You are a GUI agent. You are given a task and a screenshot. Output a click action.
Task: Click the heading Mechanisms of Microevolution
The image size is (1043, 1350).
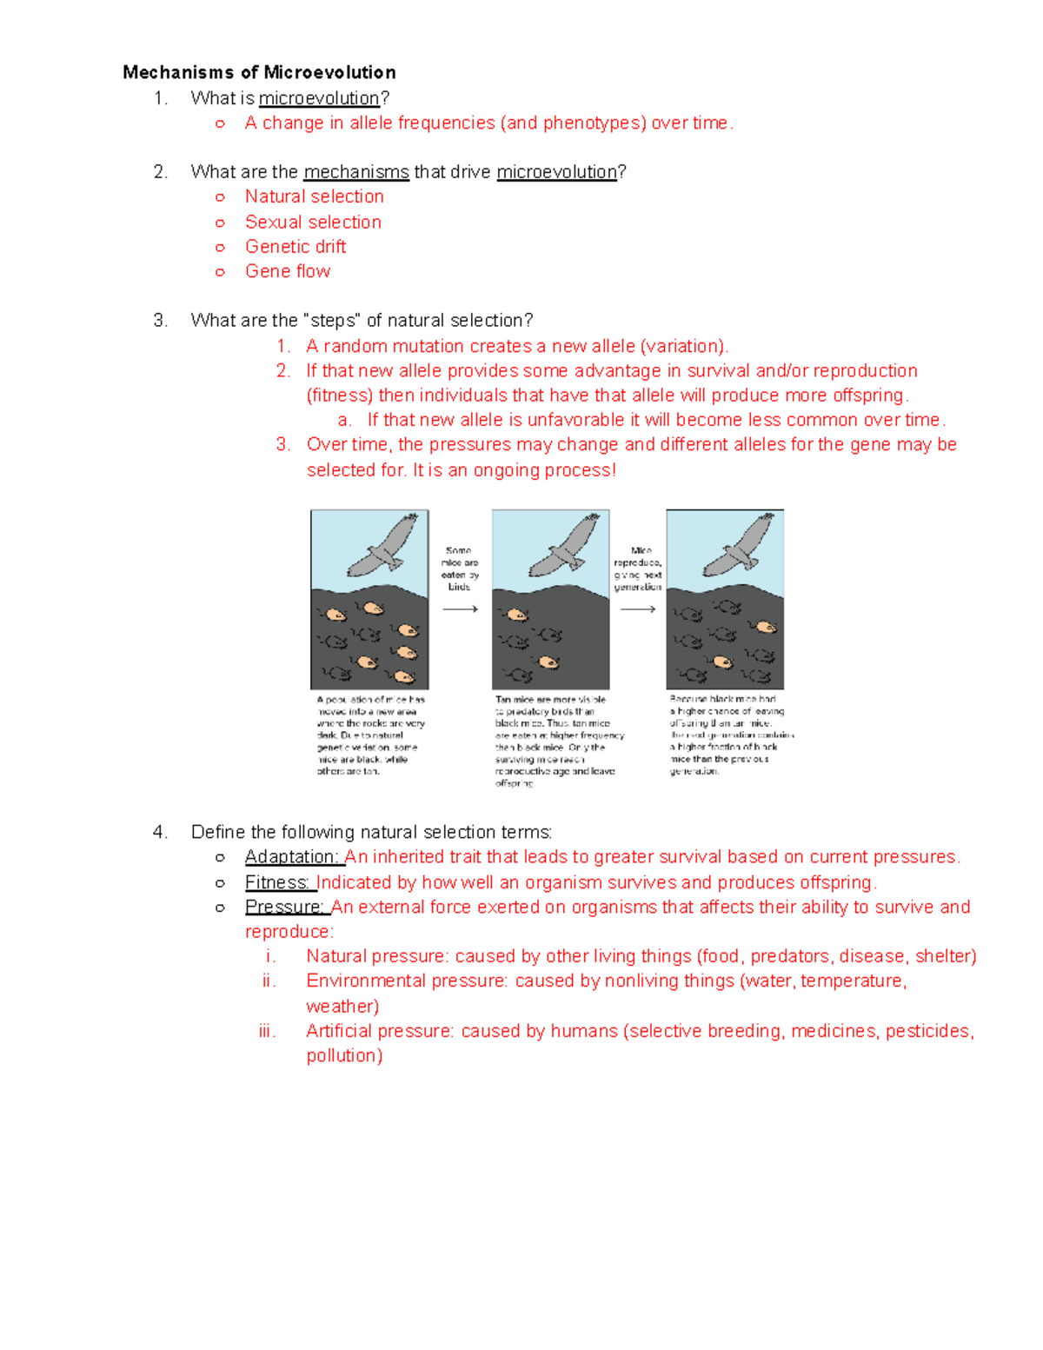tap(259, 72)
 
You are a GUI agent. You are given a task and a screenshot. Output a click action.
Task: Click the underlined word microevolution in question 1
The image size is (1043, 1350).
tap(319, 98)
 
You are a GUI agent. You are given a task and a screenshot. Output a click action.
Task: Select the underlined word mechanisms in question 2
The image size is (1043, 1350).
tap(355, 172)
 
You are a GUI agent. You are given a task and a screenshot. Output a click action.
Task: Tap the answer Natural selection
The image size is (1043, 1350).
tap(314, 196)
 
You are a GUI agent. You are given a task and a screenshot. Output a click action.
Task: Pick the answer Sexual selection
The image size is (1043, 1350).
tap(313, 222)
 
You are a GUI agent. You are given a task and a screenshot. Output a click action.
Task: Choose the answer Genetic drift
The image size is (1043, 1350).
tap(296, 247)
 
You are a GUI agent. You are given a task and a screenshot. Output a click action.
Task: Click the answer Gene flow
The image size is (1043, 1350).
tap(288, 271)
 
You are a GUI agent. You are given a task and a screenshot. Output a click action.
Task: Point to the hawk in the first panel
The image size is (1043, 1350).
tap(383, 547)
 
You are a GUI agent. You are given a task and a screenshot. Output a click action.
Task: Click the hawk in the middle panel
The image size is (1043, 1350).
tap(564, 547)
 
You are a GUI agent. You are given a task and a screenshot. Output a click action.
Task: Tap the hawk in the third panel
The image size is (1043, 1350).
tap(739, 547)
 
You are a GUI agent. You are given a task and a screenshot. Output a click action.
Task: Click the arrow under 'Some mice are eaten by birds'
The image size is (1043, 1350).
tap(460, 609)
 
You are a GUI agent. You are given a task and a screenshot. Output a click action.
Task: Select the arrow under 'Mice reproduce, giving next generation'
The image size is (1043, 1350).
tap(637, 609)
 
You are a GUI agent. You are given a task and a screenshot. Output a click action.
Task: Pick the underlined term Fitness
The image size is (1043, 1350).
tap(277, 882)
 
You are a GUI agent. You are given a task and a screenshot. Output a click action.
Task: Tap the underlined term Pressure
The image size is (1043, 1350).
tap(284, 908)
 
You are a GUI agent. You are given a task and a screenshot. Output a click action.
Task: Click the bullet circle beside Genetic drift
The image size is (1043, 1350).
tap(220, 248)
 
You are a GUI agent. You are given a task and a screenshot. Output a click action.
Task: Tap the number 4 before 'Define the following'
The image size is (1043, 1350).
tap(158, 833)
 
